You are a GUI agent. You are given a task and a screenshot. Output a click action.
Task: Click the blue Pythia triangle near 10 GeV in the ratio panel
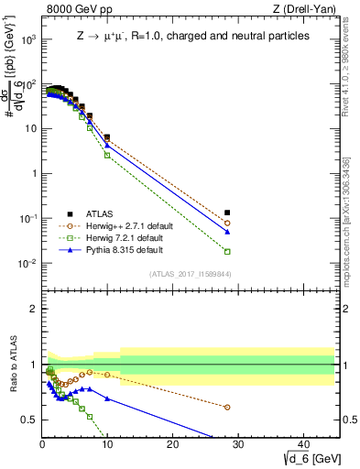pos(107,398)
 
